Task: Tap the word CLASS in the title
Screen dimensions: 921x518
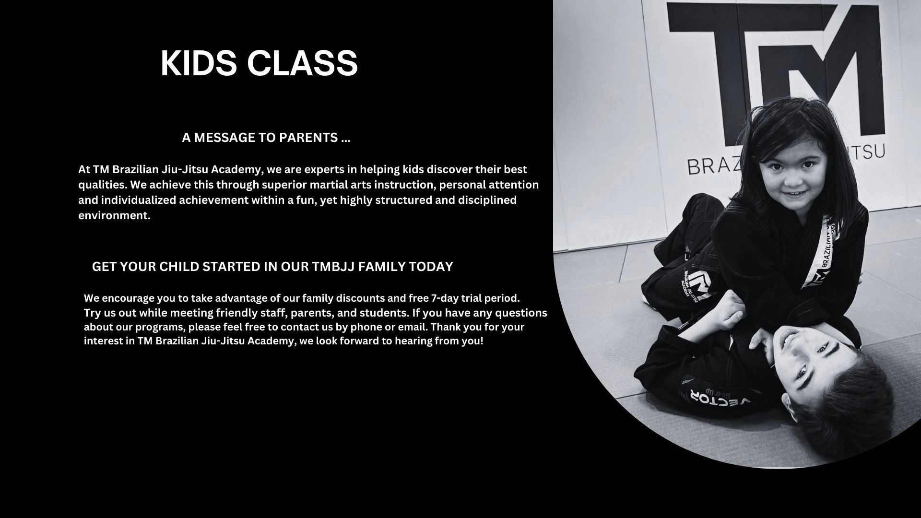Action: (x=302, y=63)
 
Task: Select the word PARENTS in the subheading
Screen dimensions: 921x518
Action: (x=308, y=138)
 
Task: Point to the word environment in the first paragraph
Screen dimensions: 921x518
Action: (x=114, y=215)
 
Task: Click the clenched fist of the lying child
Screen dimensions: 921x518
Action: (x=729, y=312)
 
